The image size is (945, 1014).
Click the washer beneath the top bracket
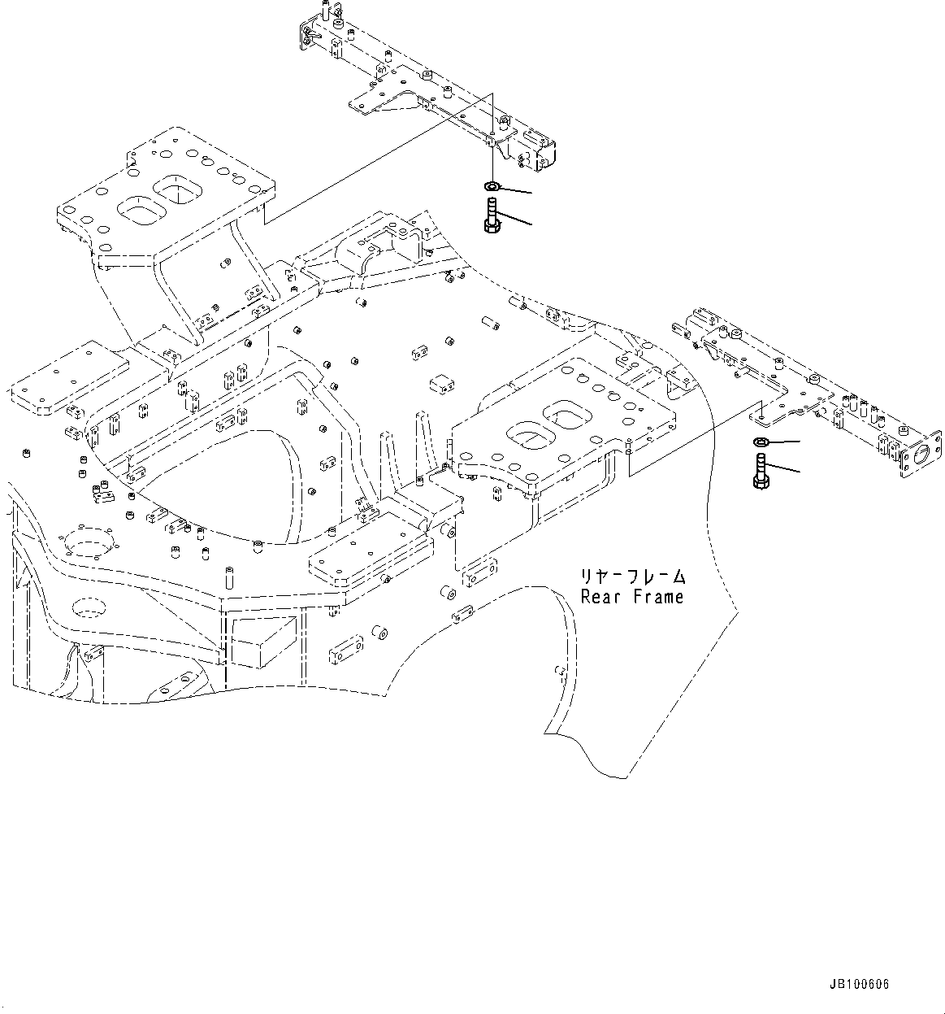(492, 187)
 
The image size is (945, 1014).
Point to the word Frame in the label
(659, 596)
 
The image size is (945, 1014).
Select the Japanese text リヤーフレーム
(632, 577)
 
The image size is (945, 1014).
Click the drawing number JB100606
(860, 985)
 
